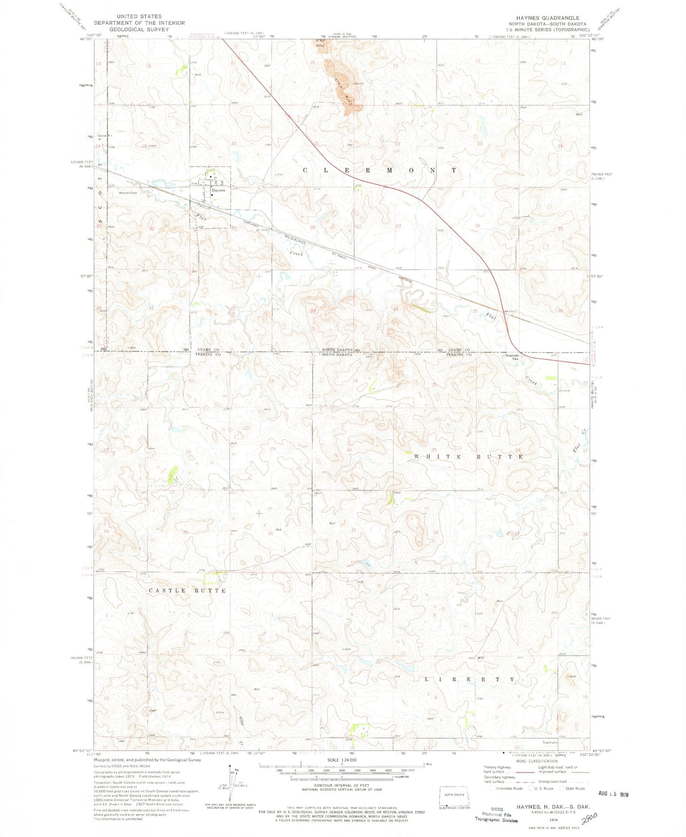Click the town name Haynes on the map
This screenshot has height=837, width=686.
[x=218, y=190]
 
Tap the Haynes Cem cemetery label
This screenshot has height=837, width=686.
[x=128, y=193]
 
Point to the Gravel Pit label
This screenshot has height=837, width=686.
[x=106, y=136]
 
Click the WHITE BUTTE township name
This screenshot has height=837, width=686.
[x=469, y=457]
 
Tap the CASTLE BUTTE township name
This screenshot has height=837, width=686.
[x=188, y=591]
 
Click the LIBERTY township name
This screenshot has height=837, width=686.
[x=469, y=680]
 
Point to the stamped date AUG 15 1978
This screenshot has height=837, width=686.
[x=613, y=794]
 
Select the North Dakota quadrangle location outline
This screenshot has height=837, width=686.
[x=455, y=797]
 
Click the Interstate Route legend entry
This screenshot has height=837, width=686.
[x=507, y=789]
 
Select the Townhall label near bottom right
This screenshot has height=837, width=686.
[x=549, y=742]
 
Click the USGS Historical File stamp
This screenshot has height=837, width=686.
[x=497, y=816]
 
